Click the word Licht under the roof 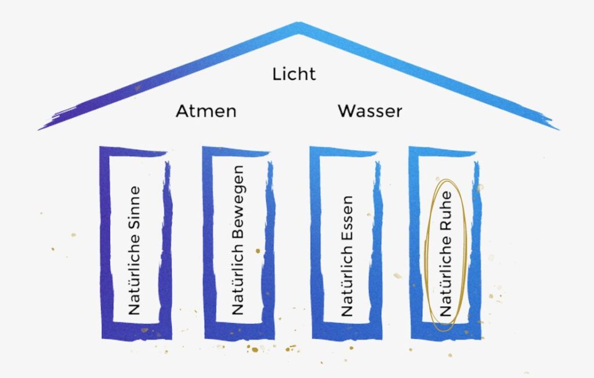(x=294, y=74)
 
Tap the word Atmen (x=206, y=111)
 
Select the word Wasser (x=370, y=111)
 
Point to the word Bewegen (x=237, y=202)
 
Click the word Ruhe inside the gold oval (x=445, y=210)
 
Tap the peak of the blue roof (x=299, y=24)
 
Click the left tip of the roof (x=39, y=129)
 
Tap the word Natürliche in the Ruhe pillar (x=445, y=275)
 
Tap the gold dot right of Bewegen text (x=258, y=250)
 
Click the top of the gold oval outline (x=447, y=180)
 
